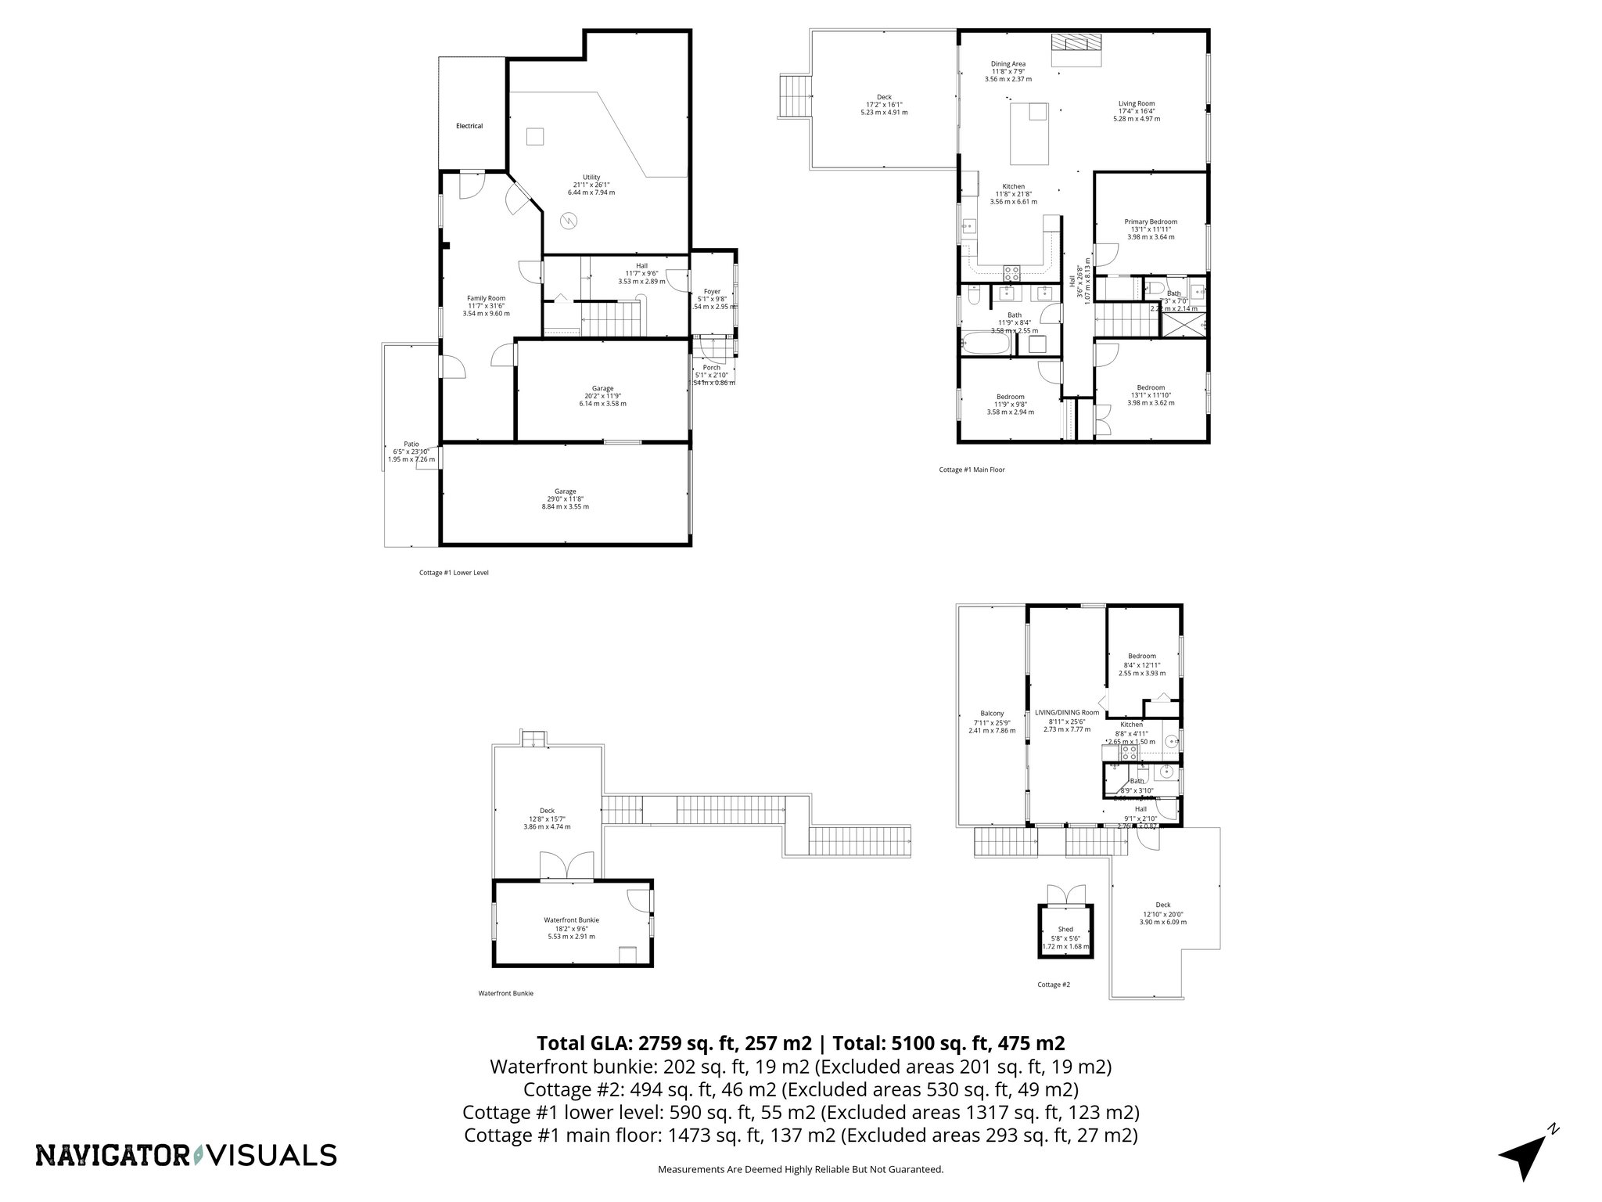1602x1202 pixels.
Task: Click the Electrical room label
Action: (469, 126)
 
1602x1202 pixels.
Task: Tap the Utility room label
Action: (591, 177)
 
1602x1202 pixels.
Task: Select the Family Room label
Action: (486, 298)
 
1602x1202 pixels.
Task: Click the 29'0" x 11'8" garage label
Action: (565, 491)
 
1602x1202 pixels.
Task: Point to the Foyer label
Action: (711, 292)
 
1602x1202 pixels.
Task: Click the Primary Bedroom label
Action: (1150, 221)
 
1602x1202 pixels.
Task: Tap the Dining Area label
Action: (1008, 64)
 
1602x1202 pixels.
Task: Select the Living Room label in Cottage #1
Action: (1136, 103)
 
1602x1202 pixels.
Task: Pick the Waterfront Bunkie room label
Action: (571, 920)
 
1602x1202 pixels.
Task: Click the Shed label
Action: (1065, 930)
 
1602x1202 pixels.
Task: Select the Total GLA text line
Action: (800, 1043)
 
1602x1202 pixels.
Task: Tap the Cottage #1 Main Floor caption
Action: (972, 470)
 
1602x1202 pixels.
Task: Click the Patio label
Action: (411, 444)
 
